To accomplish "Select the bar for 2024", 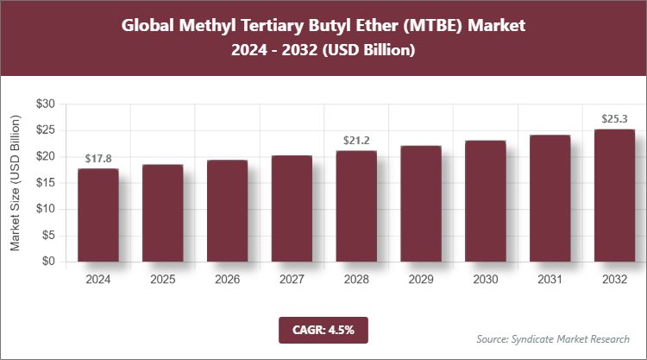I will pos(98,215).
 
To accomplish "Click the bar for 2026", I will pos(227,211).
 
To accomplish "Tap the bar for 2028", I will pos(356,206).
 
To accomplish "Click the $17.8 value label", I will pos(98,158).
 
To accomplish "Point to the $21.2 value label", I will pos(356,140).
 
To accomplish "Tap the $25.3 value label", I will pos(614,119).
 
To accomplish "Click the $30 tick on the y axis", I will pos(45,104).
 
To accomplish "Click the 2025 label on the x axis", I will pos(163,280).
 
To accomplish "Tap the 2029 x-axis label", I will pos(421,280).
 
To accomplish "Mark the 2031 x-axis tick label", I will pos(550,280).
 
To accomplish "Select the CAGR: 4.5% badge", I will pos(323,329).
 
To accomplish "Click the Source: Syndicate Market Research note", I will pos(553,338).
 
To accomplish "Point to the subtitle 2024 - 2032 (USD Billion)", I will pos(323,51).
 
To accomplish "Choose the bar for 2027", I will pos(292,209).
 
